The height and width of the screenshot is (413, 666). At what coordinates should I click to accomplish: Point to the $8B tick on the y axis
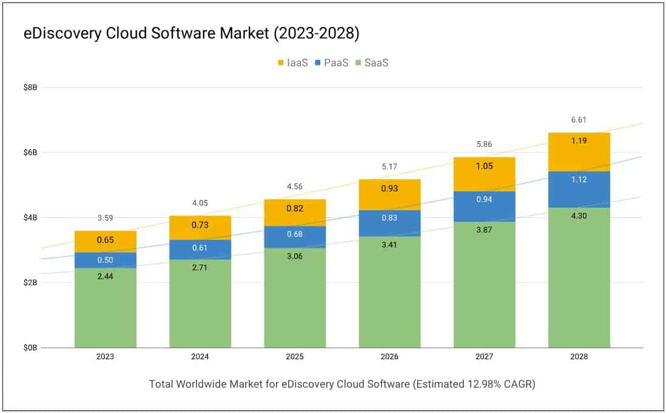30,87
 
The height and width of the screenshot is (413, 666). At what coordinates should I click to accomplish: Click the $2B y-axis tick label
30,283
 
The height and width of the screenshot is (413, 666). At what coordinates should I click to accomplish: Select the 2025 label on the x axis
295,357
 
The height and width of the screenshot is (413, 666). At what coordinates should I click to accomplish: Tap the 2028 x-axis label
579,357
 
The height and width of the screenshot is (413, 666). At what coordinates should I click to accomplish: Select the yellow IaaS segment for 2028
579,151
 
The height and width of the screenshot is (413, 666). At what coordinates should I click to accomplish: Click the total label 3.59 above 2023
106,218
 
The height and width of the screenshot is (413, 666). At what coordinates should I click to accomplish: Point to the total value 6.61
579,120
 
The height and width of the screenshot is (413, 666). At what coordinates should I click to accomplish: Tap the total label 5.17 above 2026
389,167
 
